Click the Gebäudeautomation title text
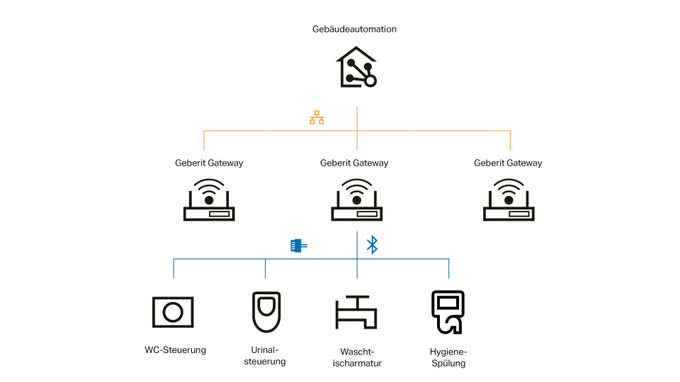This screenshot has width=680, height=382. (x=354, y=30)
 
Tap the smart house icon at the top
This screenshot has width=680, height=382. (x=356, y=68)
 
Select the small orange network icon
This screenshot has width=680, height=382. (x=317, y=118)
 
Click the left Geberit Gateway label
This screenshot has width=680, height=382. (x=209, y=163)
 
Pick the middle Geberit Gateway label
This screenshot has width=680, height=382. (x=354, y=163)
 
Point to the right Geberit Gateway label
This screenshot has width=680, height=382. (x=508, y=163)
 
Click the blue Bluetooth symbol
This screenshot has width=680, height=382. (x=372, y=245)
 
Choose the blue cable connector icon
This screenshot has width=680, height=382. (x=298, y=245)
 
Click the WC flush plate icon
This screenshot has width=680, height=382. (x=173, y=312)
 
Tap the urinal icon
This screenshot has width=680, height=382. (x=266, y=311)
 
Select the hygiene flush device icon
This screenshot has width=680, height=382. (x=448, y=311)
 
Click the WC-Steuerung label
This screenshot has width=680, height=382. (x=175, y=349)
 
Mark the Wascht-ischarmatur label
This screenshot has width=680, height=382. (x=356, y=357)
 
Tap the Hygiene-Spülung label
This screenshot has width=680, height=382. (x=448, y=357)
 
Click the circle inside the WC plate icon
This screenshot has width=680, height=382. (x=173, y=312)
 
